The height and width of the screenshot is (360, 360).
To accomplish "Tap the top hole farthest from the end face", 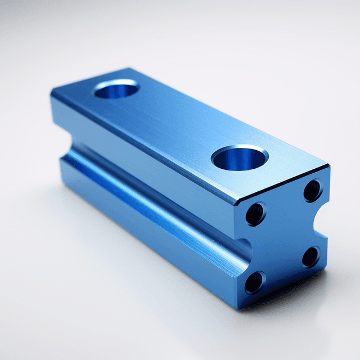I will pos(116,89).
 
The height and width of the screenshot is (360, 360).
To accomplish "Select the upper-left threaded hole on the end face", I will pos(255,214).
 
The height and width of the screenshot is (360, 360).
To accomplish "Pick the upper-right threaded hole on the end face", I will pos(313,190).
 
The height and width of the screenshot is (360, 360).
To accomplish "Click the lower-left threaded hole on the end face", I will pos(254,282).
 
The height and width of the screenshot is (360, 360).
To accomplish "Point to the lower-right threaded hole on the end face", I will pos(310,256).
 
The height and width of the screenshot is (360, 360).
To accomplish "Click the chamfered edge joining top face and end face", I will pos(281,185).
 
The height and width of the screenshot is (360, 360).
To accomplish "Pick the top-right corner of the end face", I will pos(328,167).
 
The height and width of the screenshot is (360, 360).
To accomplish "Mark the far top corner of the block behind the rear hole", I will pos(130,69).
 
